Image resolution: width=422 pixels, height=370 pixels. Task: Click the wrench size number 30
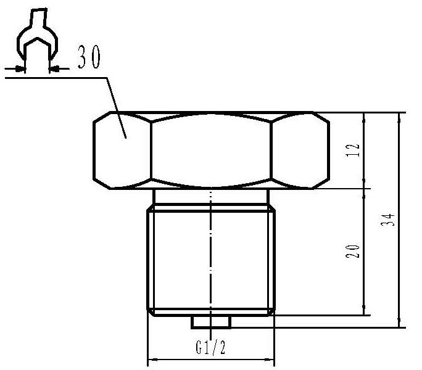click(89, 57)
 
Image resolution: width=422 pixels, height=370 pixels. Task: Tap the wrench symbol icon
click(37, 35)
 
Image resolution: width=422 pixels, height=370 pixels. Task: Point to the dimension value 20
click(352, 251)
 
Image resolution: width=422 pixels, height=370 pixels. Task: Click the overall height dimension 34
click(388, 220)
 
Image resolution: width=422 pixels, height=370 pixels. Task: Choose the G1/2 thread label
click(210, 347)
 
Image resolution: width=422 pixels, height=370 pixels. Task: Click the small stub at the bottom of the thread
click(211, 322)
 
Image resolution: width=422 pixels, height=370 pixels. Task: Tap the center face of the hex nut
click(211, 150)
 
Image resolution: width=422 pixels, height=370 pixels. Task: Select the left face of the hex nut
click(122, 150)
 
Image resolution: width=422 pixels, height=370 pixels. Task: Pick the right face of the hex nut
click(300, 150)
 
